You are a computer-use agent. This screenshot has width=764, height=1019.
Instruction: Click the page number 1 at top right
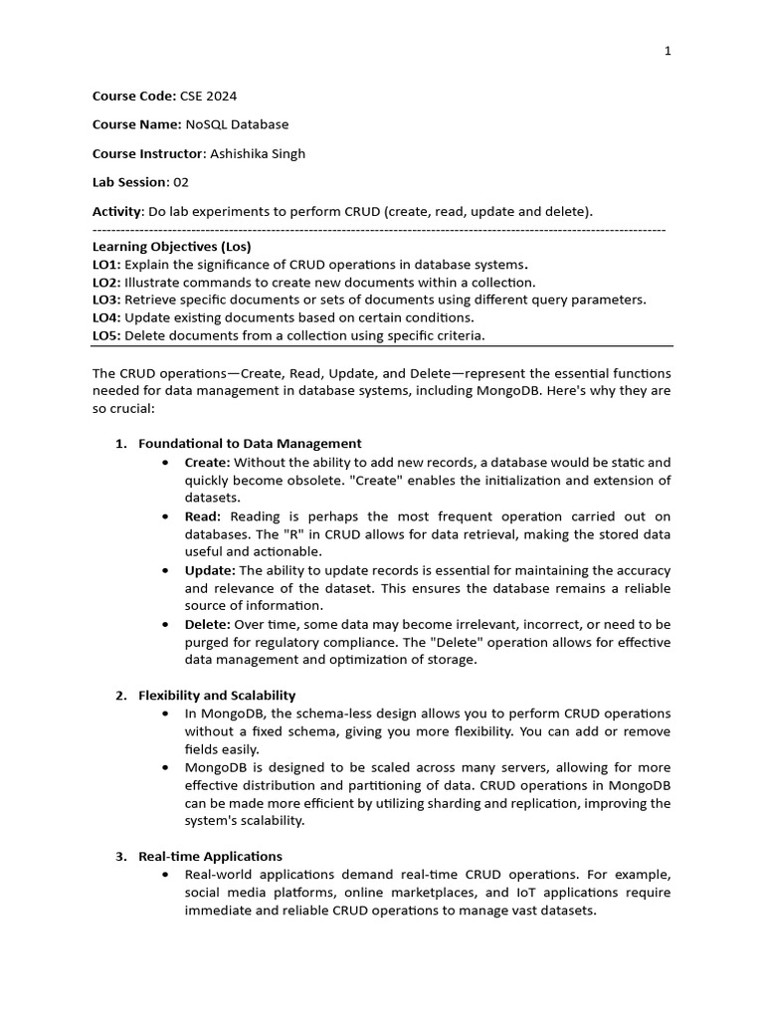coord(668,51)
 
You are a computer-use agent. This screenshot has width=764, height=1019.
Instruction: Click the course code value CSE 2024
coord(208,97)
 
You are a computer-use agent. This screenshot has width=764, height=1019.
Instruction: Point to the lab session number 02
coord(181,183)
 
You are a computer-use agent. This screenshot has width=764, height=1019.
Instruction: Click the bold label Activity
coord(116,212)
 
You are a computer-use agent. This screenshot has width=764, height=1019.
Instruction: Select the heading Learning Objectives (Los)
coord(172,246)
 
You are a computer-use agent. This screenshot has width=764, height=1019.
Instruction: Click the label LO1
coord(105,264)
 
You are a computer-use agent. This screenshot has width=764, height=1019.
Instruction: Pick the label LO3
coord(105,300)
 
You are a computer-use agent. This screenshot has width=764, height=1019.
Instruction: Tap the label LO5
coord(105,335)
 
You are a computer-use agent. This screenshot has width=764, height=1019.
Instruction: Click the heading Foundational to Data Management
coord(250,444)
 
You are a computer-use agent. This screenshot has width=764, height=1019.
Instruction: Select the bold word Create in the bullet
coord(207,462)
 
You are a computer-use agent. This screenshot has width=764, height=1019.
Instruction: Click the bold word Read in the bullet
coord(203,515)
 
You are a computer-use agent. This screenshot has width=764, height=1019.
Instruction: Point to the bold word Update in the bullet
coord(209,570)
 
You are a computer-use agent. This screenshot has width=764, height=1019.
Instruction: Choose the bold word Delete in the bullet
coord(207,624)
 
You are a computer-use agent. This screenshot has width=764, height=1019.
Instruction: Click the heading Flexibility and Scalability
coord(217,696)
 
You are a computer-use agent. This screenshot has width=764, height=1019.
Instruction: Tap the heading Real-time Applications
coord(210,857)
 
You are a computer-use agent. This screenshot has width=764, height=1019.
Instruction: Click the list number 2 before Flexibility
coord(120,696)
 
